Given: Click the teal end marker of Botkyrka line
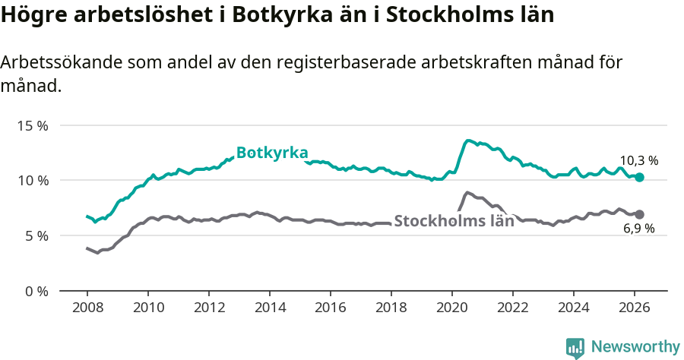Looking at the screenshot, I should [639, 177].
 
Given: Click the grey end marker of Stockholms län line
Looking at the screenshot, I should [639, 214].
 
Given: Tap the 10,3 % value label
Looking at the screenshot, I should [638, 160].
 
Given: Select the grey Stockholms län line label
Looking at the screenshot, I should [454, 223].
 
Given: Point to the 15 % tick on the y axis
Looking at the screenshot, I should [33, 125].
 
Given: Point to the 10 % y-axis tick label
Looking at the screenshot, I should [33, 181].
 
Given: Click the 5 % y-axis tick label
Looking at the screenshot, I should [36, 235].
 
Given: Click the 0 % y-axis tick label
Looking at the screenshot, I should [36, 291].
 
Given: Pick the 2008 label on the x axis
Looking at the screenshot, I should [87, 307].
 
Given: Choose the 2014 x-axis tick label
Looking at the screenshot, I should [269, 307].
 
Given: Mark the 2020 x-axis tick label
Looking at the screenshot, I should [452, 307].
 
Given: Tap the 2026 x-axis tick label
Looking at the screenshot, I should [635, 307].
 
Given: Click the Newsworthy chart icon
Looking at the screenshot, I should [575, 348].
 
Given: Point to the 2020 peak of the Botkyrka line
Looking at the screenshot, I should [468, 141].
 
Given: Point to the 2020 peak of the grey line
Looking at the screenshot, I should [467, 192].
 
